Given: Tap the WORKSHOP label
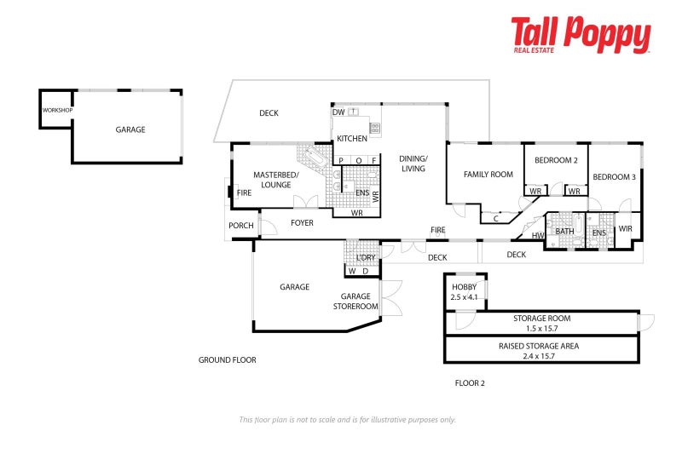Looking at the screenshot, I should pyautogui.click(x=57, y=111).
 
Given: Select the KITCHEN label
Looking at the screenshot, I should pyautogui.click(x=352, y=138).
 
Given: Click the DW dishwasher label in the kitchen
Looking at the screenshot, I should pyautogui.click(x=338, y=112).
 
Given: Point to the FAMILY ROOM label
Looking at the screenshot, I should pyautogui.click(x=488, y=175).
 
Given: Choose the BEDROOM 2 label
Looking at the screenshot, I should pyautogui.click(x=556, y=161).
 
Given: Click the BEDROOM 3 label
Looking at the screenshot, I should pyautogui.click(x=614, y=177).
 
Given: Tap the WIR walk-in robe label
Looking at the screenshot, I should pyautogui.click(x=625, y=228).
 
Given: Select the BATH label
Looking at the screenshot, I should pyautogui.click(x=564, y=231).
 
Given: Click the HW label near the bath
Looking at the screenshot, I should pyautogui.click(x=537, y=236).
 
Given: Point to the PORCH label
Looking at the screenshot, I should pyautogui.click(x=240, y=226).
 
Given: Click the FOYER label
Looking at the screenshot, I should pyautogui.click(x=302, y=223).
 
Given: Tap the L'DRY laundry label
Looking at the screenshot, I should pyautogui.click(x=366, y=257).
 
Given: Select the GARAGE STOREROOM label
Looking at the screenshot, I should pyautogui.click(x=356, y=302).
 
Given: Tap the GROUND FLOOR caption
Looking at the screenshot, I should pyautogui.click(x=227, y=360).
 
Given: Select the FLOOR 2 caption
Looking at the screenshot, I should pyautogui.click(x=470, y=383).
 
